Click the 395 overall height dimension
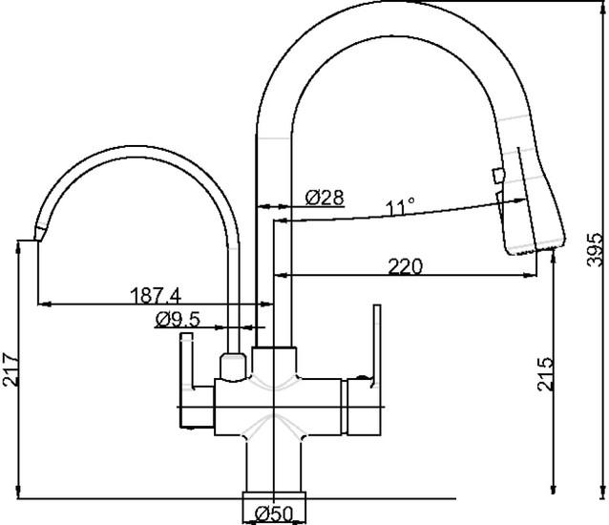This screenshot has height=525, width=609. (595, 250)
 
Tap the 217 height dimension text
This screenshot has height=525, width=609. (10, 369)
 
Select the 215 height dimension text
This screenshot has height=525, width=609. (545, 373)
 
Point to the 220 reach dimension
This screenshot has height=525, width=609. (405, 266)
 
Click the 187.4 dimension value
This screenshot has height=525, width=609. (157, 296)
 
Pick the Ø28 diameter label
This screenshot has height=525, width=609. (325, 198)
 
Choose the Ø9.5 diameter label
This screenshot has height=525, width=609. (178, 320)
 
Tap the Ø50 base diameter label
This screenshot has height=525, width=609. (274, 514)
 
